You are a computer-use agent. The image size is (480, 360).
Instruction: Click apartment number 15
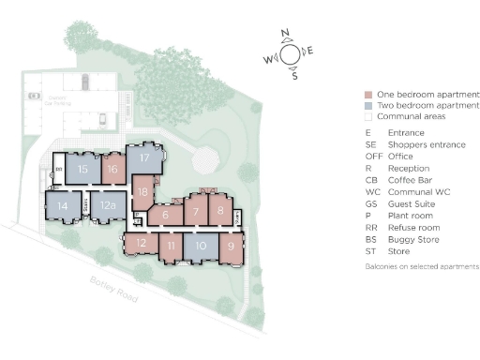(x=82, y=170)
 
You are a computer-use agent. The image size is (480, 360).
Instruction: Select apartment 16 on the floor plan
(x=112, y=170)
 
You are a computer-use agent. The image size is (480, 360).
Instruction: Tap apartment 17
(x=144, y=158)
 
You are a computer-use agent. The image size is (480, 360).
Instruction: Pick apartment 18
(x=142, y=192)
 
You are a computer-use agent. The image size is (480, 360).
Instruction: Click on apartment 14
(x=63, y=205)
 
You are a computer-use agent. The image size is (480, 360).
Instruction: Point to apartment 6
(x=166, y=215)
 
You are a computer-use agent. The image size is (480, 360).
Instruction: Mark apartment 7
(x=195, y=211)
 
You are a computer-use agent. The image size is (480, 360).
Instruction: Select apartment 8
(x=220, y=211)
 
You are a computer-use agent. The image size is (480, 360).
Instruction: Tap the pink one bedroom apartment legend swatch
(x=369, y=95)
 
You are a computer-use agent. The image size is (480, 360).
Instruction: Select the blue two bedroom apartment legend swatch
(x=369, y=106)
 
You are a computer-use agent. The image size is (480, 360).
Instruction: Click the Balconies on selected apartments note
(x=421, y=267)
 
